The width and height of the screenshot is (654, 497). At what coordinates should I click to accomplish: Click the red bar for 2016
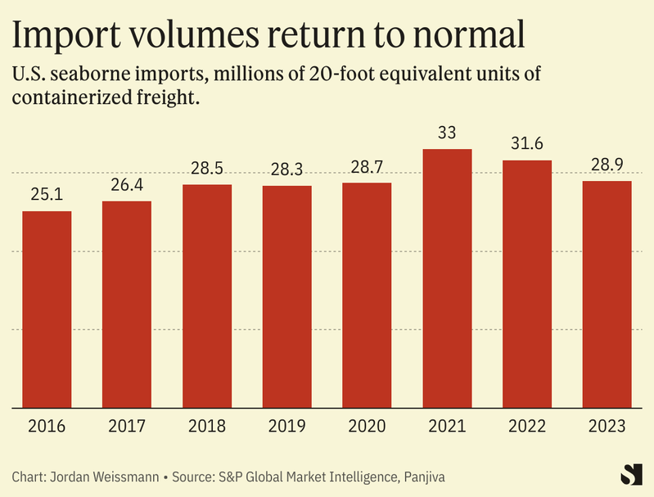click(x=47, y=309)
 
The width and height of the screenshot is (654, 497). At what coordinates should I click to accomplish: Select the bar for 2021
click(x=447, y=278)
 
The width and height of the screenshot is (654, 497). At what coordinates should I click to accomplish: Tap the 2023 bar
click(x=607, y=294)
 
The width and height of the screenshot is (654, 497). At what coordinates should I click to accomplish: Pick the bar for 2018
click(x=207, y=296)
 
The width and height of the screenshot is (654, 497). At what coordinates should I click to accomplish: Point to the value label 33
click(x=447, y=132)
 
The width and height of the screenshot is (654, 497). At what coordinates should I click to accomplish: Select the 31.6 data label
click(x=527, y=143)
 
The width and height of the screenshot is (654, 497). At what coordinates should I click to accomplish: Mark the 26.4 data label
click(x=127, y=184)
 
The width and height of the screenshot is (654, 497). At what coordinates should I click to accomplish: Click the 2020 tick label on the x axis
click(x=367, y=427)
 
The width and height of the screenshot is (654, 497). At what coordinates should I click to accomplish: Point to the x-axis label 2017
click(x=127, y=427)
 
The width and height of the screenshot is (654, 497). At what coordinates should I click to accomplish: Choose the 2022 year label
click(x=527, y=427)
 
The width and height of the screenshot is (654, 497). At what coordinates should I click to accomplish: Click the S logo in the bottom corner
click(x=629, y=474)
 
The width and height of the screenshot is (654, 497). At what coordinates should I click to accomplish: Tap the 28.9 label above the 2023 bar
click(x=607, y=165)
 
